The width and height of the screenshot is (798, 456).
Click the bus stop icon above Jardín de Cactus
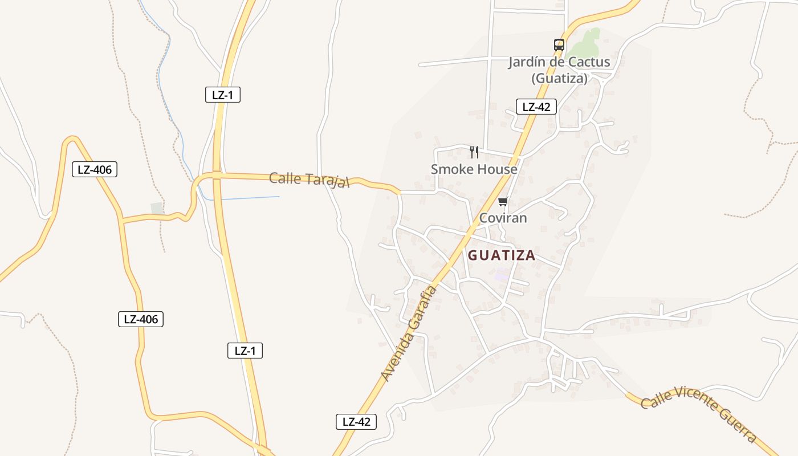tap(559, 44)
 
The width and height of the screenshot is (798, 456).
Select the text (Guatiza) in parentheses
tap(559, 79)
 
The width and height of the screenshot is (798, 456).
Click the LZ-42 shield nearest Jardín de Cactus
tap(536, 107)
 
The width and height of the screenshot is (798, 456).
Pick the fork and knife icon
tap(474, 152)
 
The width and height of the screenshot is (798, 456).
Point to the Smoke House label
tap(474, 169)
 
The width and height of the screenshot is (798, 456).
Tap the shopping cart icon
tap(503, 201)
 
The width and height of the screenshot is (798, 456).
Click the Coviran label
tap(503, 218)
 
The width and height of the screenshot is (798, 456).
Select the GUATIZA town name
tap(502, 255)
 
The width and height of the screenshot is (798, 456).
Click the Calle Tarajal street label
tap(309, 179)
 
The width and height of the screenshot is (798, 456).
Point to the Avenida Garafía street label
tap(409, 333)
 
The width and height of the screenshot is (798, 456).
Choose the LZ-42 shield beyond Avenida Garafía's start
tap(356, 422)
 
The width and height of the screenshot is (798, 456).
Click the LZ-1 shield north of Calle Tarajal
tap(222, 95)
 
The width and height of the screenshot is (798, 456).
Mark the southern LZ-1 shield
tap(245, 351)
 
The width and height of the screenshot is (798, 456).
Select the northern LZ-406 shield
tap(95, 169)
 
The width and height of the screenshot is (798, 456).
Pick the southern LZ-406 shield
tap(140, 319)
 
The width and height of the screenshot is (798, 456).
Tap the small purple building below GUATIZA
tap(502, 275)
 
